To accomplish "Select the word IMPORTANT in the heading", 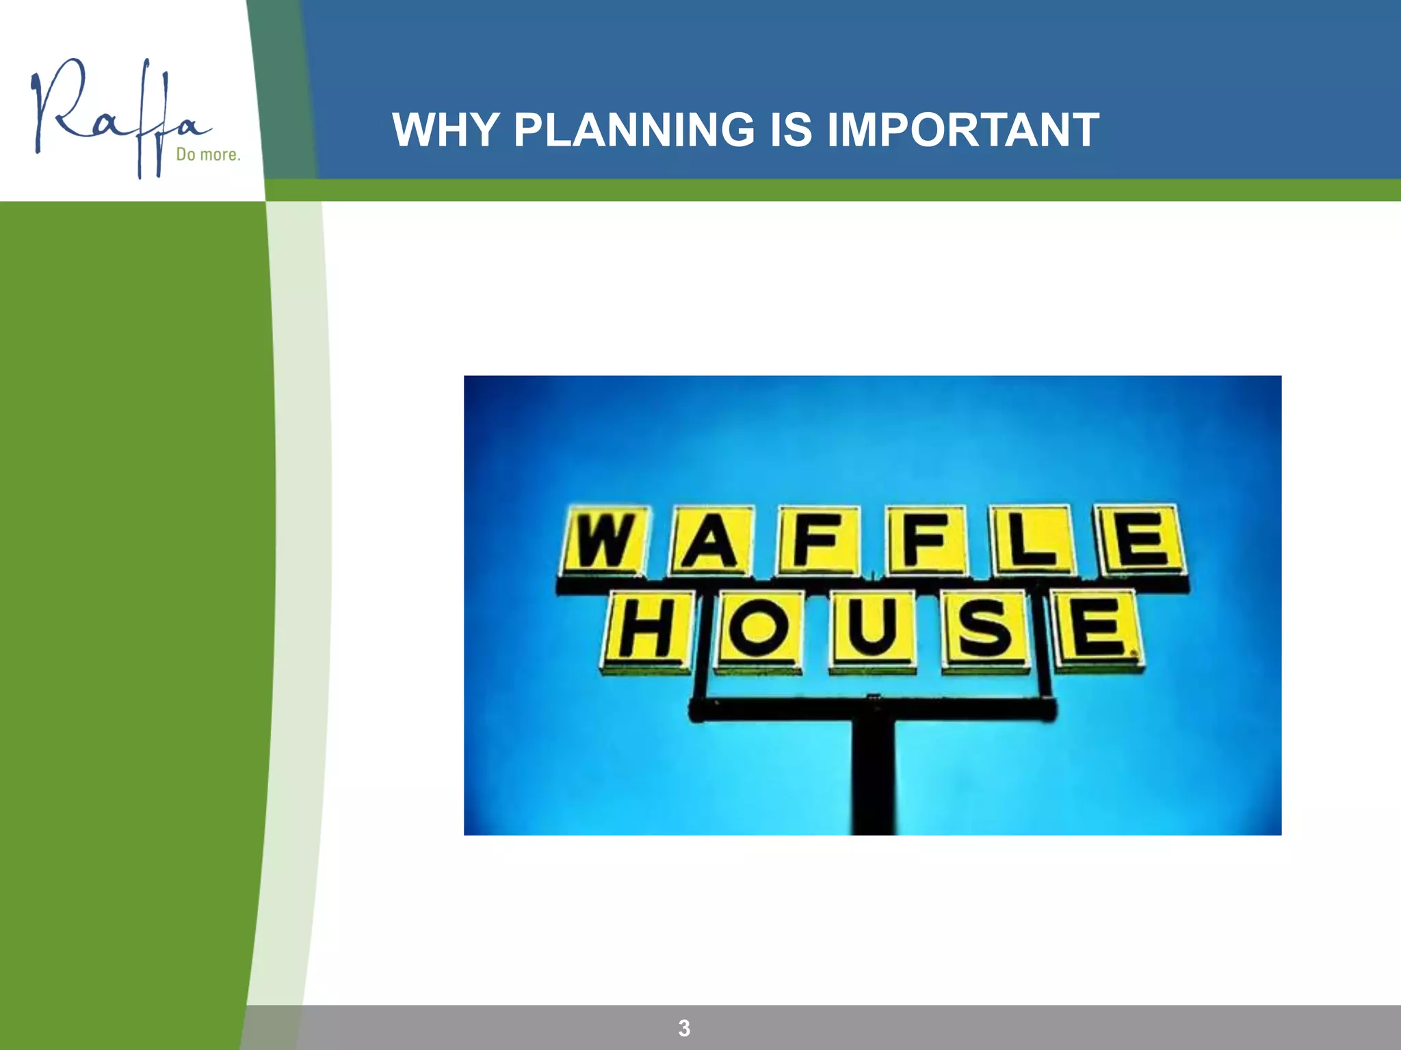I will pyautogui.click(x=963, y=130).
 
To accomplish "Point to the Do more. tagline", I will pyautogui.click(x=208, y=154).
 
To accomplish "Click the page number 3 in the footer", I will pyautogui.click(x=684, y=1028).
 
